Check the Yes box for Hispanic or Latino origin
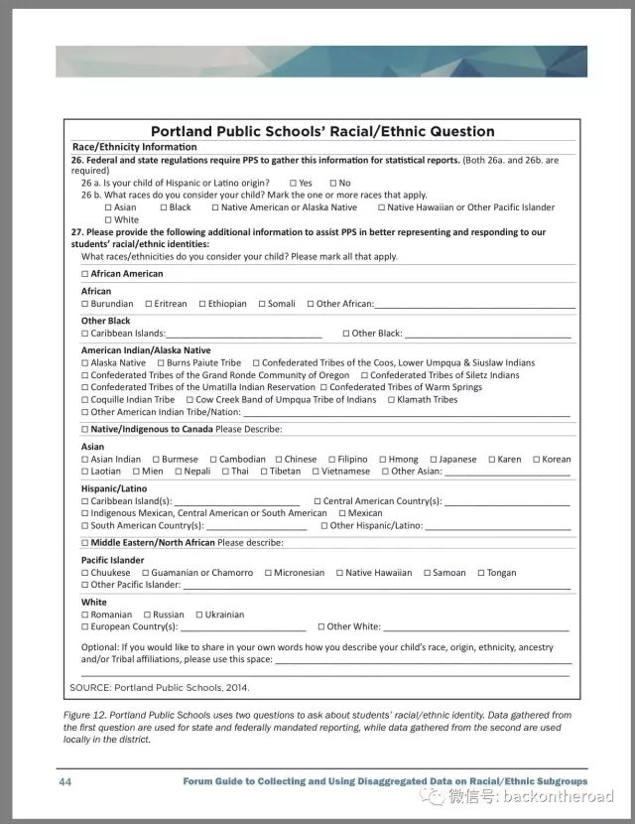(x=294, y=184)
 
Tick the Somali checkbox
(x=262, y=304)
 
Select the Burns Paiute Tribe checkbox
(x=161, y=363)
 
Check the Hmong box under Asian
(x=382, y=460)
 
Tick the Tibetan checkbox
(x=263, y=472)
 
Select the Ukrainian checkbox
(x=198, y=615)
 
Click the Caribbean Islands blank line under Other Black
(x=243, y=335)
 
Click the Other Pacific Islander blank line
(x=377, y=586)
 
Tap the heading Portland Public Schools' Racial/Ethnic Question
(x=321, y=131)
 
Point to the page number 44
(x=64, y=782)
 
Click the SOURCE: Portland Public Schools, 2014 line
(x=160, y=687)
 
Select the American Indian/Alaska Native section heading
(x=146, y=350)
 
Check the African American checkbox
(x=85, y=274)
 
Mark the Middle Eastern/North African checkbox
(x=85, y=543)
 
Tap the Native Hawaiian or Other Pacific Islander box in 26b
(x=381, y=207)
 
